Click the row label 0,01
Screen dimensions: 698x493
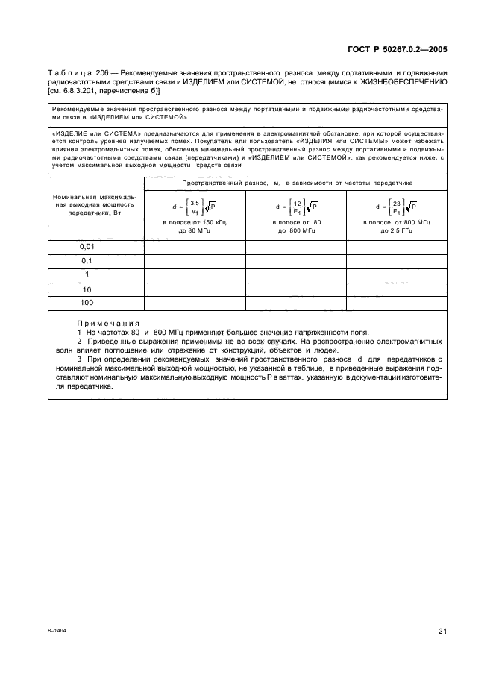[87, 246]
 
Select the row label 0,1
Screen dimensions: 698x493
[87, 260]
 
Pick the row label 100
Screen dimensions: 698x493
[87, 303]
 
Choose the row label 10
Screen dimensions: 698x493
[87, 289]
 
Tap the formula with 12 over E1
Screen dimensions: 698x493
[295, 207]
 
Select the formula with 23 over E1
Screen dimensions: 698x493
[396, 207]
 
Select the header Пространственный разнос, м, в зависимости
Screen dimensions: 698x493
[295, 183]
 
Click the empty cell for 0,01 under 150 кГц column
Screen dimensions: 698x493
[194, 246]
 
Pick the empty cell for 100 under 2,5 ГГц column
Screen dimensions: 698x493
[396, 303]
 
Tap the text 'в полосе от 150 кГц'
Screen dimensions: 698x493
[194, 223]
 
